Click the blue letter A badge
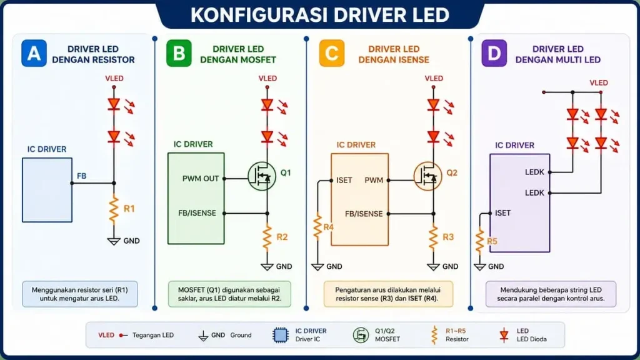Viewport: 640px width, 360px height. [34, 54]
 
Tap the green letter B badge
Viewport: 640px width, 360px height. [179, 54]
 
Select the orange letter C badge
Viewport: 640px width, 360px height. [332, 54]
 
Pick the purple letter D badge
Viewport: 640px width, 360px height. [494, 54]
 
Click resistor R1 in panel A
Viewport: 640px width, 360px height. [114, 210]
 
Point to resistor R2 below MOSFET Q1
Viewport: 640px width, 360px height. [267, 236]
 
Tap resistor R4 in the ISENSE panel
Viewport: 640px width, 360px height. [317, 227]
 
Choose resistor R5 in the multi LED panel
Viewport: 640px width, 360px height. [480, 241]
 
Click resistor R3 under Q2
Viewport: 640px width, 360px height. [432, 237]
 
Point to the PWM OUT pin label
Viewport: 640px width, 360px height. [201, 179]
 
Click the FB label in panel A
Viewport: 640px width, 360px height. [82, 176]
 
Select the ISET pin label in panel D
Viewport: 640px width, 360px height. [502, 213]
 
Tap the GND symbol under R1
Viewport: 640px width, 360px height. [114, 241]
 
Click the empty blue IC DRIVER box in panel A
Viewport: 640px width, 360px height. [47, 190]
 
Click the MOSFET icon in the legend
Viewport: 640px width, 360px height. [361, 335]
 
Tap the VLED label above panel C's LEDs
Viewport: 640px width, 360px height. [433, 79]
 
